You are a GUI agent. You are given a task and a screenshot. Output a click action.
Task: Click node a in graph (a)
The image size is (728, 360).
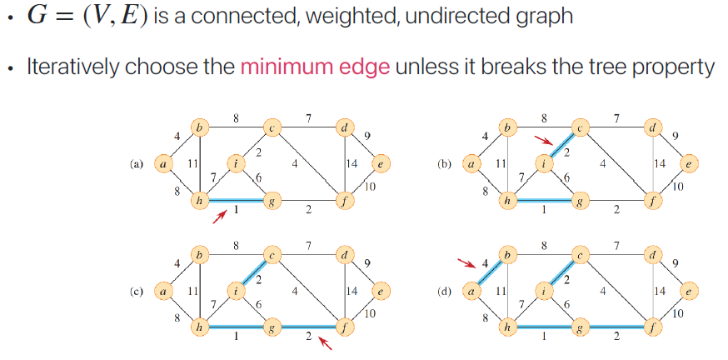tap(163, 165)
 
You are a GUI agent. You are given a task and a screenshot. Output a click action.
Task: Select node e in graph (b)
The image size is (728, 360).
tap(687, 165)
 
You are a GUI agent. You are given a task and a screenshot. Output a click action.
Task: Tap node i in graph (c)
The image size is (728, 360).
tap(237, 291)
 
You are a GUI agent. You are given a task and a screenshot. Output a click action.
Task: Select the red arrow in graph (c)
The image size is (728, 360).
tap(326, 342)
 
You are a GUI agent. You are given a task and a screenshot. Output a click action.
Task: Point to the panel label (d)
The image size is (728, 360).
tap(443, 292)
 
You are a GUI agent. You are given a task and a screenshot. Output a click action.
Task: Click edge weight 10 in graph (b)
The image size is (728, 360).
tap(676, 186)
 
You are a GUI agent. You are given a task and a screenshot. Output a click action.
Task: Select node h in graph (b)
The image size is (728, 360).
tap(506, 201)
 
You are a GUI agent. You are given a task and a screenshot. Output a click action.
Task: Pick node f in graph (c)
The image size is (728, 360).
tap(344, 327)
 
